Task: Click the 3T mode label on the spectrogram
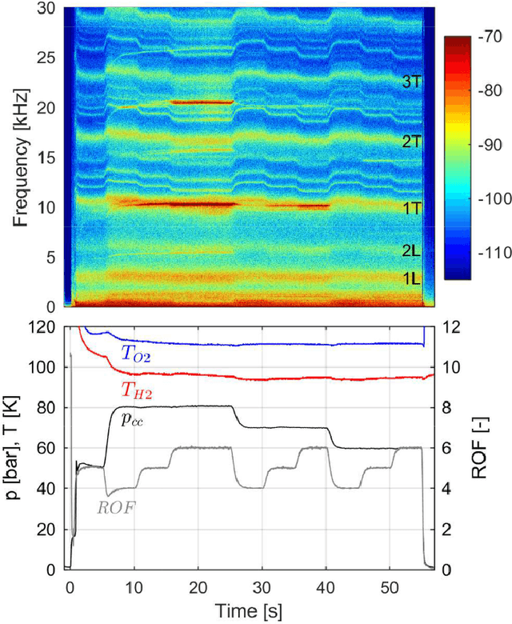(410, 82)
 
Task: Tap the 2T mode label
(410, 142)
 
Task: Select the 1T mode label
(410, 208)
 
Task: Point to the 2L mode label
(410, 250)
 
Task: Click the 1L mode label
(410, 278)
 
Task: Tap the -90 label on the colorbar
(485, 144)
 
